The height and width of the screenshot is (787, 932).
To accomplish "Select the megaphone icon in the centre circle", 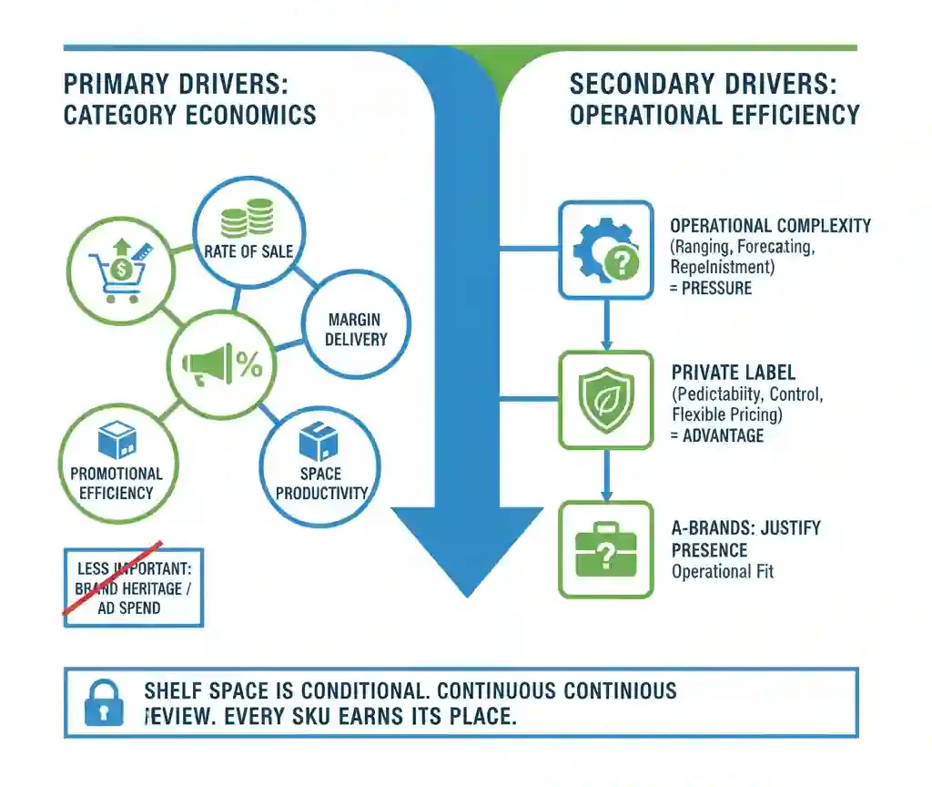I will coord(208,364).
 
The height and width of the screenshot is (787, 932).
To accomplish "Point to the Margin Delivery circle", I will coord(356,329).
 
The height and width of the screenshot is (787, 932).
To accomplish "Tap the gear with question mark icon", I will coord(605,249).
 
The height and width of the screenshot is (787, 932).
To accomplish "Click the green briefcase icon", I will coord(605,548).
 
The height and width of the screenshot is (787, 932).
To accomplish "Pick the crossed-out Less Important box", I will coord(133,588).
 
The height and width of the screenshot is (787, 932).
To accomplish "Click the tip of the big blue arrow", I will coord(467,593).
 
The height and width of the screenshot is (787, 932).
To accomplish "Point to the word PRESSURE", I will coord(716,289).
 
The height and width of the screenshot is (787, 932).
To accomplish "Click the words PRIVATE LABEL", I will coord(733,373).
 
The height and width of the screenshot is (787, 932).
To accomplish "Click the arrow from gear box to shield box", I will coord(605,324).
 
